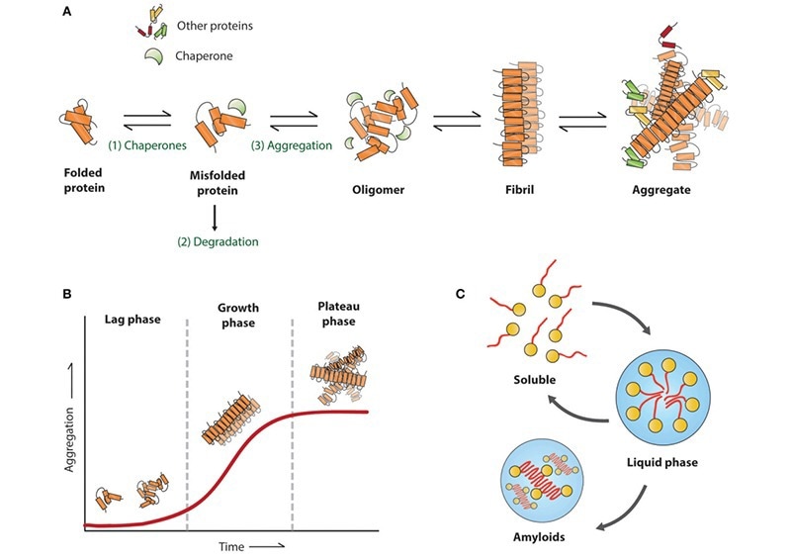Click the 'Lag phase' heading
point(132,321)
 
